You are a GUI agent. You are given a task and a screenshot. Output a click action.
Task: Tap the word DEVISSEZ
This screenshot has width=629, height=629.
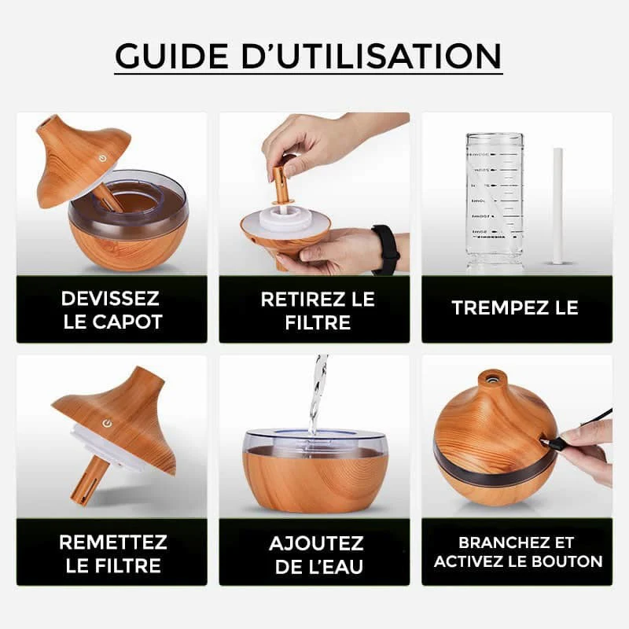[x=111, y=299]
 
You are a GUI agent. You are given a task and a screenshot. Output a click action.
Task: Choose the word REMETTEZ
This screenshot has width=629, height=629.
[x=112, y=543]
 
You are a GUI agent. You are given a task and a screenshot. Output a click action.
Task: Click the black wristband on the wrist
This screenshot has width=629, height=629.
[x=386, y=249]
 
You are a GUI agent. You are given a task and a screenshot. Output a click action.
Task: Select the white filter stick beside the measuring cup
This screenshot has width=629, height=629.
[x=557, y=205]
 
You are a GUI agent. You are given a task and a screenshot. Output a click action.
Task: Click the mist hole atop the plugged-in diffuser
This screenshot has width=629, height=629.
[x=493, y=377]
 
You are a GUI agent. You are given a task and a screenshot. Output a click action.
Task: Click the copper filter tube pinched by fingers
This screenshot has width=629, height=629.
[x=278, y=185]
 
